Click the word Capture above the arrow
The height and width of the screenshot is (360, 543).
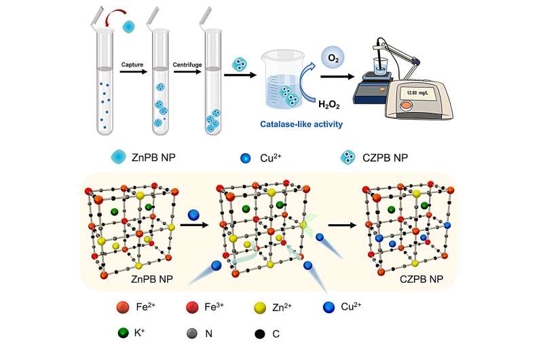pyautogui.click(x=134, y=65)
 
